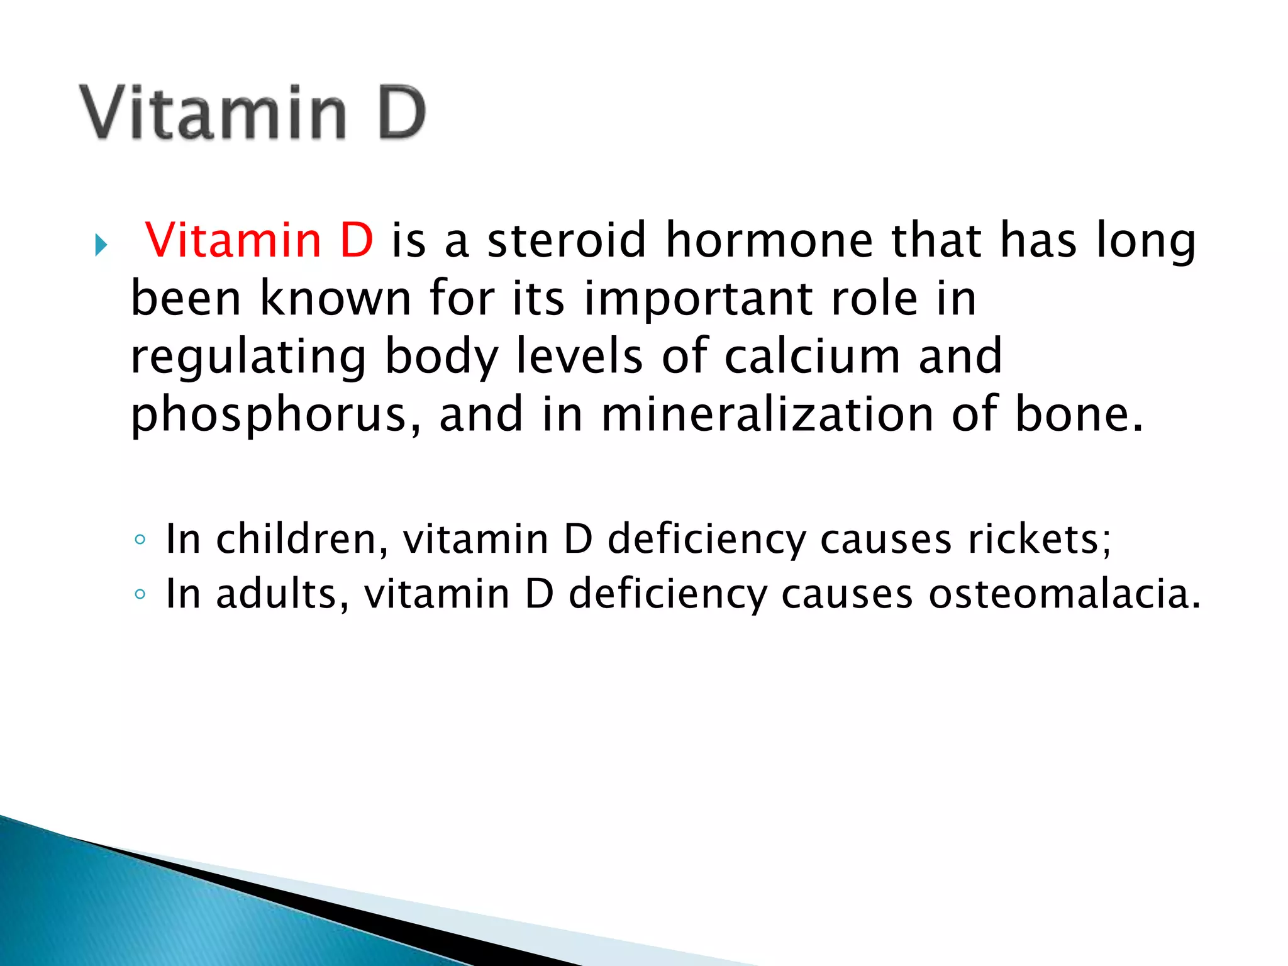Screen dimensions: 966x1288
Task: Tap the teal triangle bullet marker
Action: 101,245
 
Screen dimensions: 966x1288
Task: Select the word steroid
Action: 567,240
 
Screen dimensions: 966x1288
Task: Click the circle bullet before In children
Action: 140,540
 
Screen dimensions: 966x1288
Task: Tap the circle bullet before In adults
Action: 140,594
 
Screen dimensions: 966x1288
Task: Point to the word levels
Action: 579,356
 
